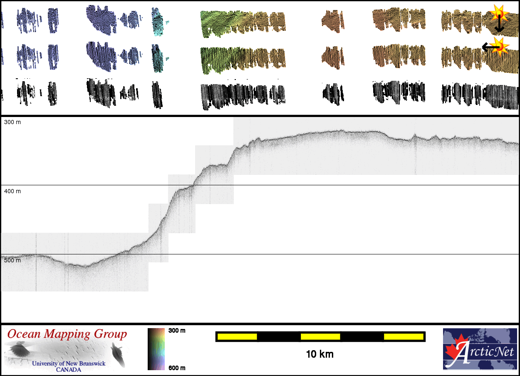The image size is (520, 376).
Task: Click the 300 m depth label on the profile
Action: point(12,122)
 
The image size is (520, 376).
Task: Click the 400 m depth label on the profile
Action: point(12,191)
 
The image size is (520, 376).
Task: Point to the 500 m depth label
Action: point(12,260)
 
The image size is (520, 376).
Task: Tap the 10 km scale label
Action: point(319,354)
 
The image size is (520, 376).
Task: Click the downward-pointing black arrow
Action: point(499,26)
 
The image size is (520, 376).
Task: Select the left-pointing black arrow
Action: point(489,47)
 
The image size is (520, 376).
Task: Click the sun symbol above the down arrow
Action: point(498,13)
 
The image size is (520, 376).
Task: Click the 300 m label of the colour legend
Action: point(177,331)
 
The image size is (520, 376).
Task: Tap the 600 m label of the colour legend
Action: point(177,368)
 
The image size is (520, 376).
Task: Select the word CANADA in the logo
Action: point(69,369)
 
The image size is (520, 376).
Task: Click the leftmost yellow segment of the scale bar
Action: point(237,336)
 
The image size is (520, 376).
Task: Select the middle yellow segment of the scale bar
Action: point(320,336)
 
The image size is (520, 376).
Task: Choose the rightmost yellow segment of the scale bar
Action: point(403,336)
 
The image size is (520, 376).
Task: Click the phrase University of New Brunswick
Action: point(69,364)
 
